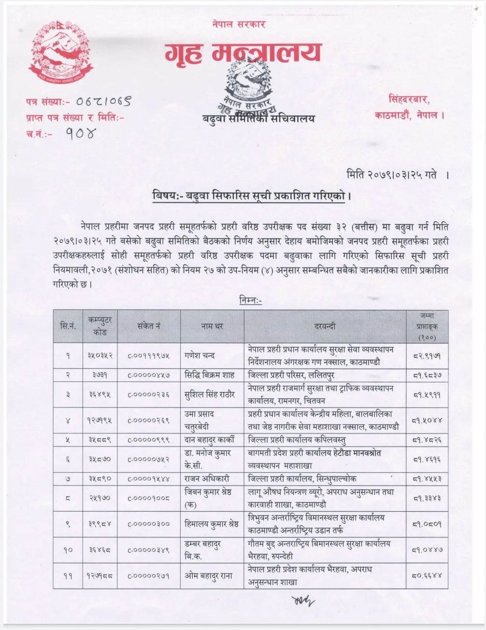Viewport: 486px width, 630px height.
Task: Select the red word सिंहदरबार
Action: coord(409,100)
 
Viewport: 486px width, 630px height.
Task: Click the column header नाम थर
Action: coord(212,326)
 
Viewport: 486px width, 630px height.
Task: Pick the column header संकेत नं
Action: coord(149,326)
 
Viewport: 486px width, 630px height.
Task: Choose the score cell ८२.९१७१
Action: coord(427,356)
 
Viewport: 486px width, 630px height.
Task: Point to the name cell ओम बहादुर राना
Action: coord(209,575)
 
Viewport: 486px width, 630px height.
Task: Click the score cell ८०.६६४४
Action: coord(427,575)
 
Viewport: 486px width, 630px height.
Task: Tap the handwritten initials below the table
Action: coord(302,601)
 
